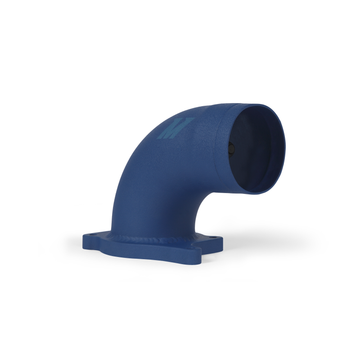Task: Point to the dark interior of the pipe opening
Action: coord(254,148)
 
